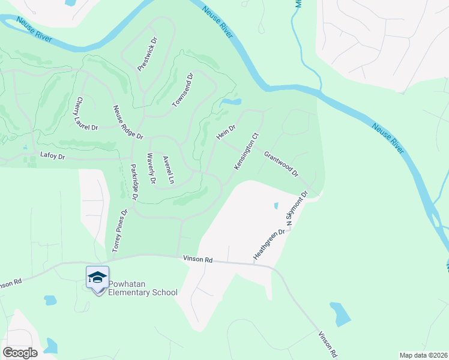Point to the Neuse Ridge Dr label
128,122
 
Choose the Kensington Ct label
246,151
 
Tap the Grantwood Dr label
281,163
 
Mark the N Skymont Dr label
297,209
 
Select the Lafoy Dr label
52,155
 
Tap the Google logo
20,352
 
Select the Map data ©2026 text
423,355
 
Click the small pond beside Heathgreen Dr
276,206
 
